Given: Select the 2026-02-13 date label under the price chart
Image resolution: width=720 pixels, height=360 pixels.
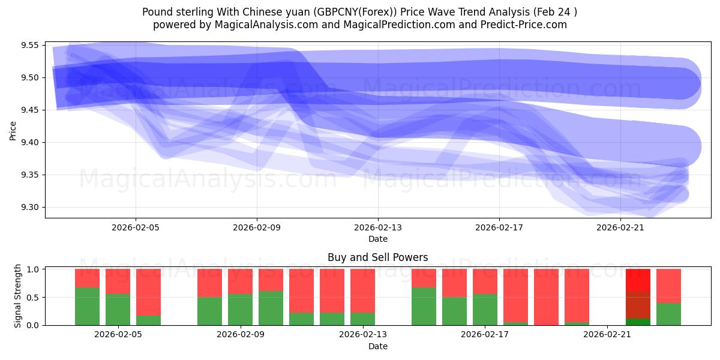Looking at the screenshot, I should click(x=378, y=228).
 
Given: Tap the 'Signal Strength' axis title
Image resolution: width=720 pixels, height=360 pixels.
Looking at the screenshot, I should click(x=17, y=296).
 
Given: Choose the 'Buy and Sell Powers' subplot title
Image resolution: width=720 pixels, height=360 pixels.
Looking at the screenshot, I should click(x=377, y=257).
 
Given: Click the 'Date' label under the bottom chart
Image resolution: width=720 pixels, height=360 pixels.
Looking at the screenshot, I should click(x=377, y=346).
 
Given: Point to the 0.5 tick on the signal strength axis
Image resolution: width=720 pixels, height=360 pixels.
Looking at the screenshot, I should click(x=34, y=298).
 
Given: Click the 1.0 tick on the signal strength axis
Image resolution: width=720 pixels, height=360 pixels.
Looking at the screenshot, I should click(x=34, y=269).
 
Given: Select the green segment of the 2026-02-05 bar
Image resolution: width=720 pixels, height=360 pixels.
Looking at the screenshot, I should click(x=118, y=310).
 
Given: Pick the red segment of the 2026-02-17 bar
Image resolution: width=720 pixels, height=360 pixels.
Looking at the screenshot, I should click(x=485, y=281).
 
